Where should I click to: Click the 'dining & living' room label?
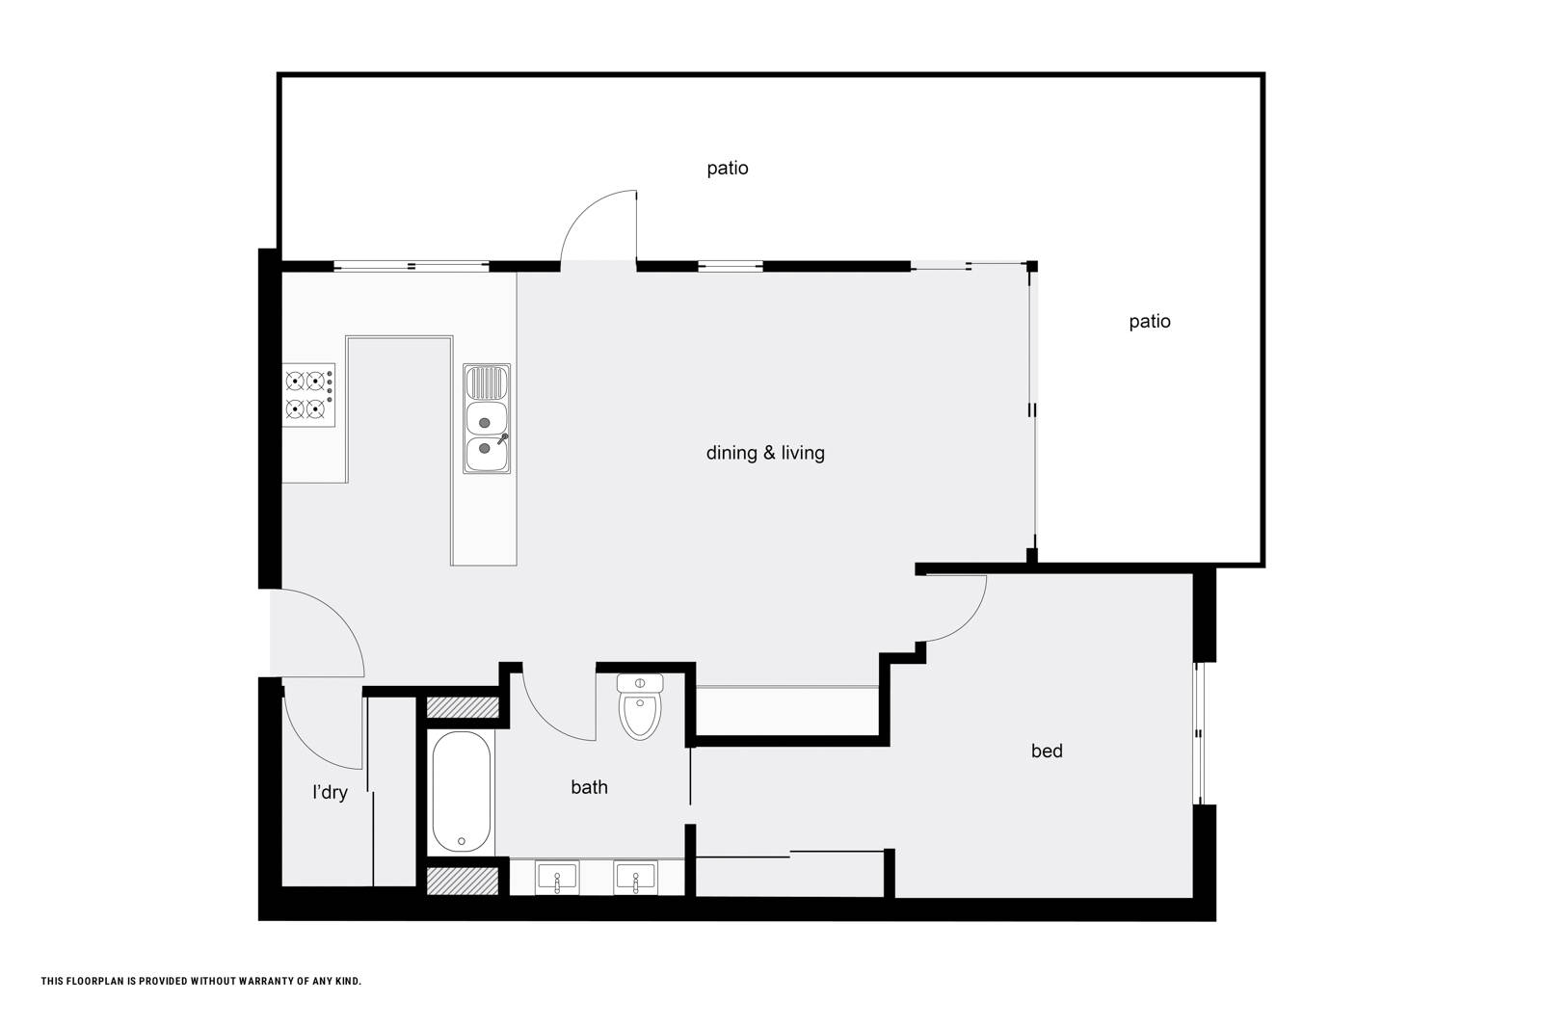765,453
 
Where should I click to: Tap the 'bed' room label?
1047,751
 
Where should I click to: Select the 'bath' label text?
589,787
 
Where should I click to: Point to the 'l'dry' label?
330,793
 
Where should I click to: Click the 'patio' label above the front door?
728,169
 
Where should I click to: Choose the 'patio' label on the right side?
1150,322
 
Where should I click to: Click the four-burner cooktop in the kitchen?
308,395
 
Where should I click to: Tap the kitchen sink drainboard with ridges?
487,383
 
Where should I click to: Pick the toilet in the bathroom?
640,706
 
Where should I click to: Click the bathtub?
462,792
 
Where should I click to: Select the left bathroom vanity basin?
557,878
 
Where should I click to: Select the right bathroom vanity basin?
635,878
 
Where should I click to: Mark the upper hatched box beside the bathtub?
463,707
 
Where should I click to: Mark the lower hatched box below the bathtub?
463,882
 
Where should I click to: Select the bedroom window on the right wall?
1199,733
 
